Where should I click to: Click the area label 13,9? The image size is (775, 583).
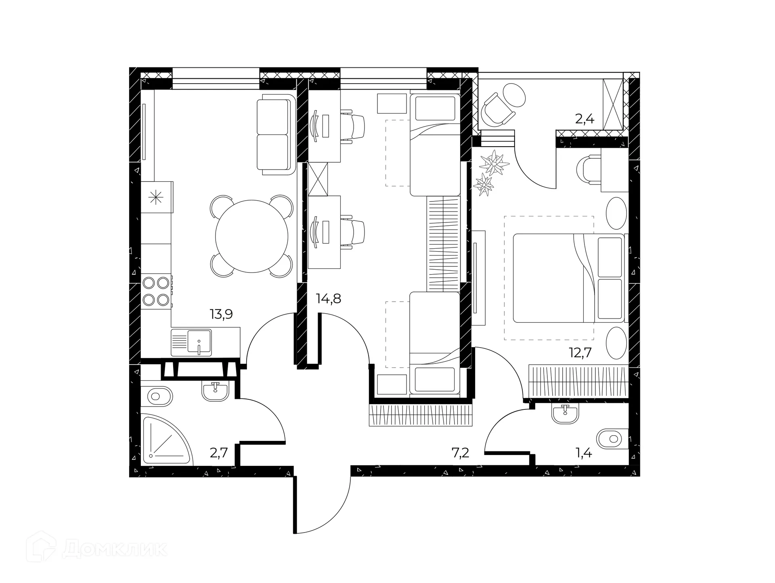[221, 314]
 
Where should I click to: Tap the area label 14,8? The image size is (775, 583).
[329, 299]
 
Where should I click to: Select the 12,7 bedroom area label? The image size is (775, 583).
[580, 352]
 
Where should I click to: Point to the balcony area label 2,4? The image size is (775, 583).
[584, 119]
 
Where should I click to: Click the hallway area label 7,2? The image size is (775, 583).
[460, 453]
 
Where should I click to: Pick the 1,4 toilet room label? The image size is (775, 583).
[584, 453]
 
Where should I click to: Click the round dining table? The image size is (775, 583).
[252, 237]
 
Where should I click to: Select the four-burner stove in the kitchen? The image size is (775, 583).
[157, 291]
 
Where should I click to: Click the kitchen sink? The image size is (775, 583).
[191, 343]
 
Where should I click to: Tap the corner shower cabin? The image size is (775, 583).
[165, 440]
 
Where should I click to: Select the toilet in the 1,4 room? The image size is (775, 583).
[612, 438]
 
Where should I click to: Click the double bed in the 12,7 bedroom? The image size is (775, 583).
[568, 278]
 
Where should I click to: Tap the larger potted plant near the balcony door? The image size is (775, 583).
[493, 163]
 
